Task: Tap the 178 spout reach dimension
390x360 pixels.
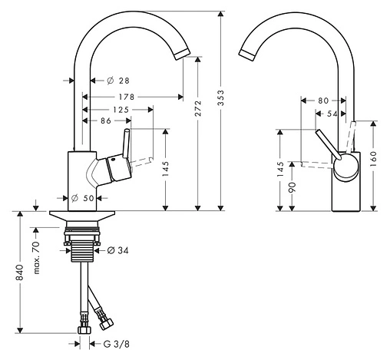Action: click(x=127, y=97)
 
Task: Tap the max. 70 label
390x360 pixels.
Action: click(x=35, y=252)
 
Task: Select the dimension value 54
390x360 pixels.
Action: click(x=331, y=113)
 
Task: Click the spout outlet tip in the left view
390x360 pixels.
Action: click(x=181, y=53)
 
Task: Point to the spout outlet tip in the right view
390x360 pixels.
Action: click(x=247, y=54)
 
